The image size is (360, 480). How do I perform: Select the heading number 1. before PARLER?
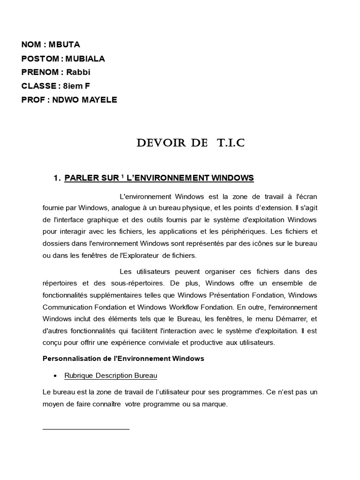(58, 178)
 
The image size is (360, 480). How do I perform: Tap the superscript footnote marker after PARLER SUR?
(121, 176)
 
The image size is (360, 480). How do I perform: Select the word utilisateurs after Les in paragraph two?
(154, 271)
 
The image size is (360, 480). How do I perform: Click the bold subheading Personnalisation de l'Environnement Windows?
(123, 359)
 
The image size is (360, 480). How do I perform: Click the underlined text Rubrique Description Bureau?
(111, 376)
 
